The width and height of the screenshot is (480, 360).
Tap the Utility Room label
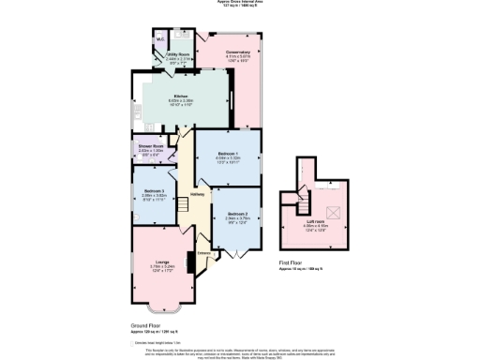(178, 54)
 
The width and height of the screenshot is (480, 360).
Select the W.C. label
(160, 39)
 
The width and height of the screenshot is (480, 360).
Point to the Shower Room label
(152, 145)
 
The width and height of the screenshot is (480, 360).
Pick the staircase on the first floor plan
(304, 199)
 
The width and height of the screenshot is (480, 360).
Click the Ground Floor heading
(145, 327)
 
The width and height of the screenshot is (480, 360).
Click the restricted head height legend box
(134, 343)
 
